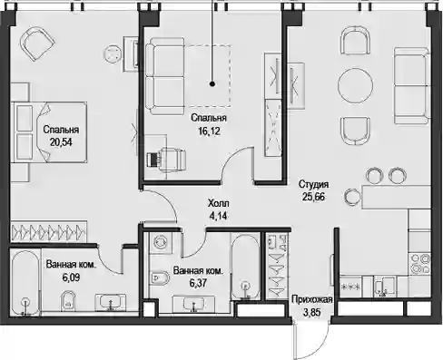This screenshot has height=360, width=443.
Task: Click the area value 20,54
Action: [x=61, y=142]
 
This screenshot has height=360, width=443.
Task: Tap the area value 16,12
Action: [x=209, y=131]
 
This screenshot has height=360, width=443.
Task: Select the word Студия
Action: [x=313, y=184]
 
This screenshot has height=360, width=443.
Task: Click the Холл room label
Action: [x=219, y=203]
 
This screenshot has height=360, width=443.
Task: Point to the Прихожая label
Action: [x=312, y=299]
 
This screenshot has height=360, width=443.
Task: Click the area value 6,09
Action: [x=72, y=277]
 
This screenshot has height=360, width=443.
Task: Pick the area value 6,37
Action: [x=199, y=283]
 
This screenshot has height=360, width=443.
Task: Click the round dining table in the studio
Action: [x=356, y=86]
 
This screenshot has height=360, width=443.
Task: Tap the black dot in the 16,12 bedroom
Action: [x=212, y=84]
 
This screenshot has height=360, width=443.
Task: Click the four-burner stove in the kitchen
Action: [x=419, y=264]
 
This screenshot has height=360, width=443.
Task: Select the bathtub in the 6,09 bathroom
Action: [x=25, y=282]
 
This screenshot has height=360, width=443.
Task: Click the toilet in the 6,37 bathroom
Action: [x=159, y=277]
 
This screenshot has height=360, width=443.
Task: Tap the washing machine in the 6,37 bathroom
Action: [x=160, y=242]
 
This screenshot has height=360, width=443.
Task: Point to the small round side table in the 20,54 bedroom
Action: [x=113, y=54]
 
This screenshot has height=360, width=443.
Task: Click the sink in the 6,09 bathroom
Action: [x=110, y=302]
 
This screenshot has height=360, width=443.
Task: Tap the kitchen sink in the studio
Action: [x=385, y=287]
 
